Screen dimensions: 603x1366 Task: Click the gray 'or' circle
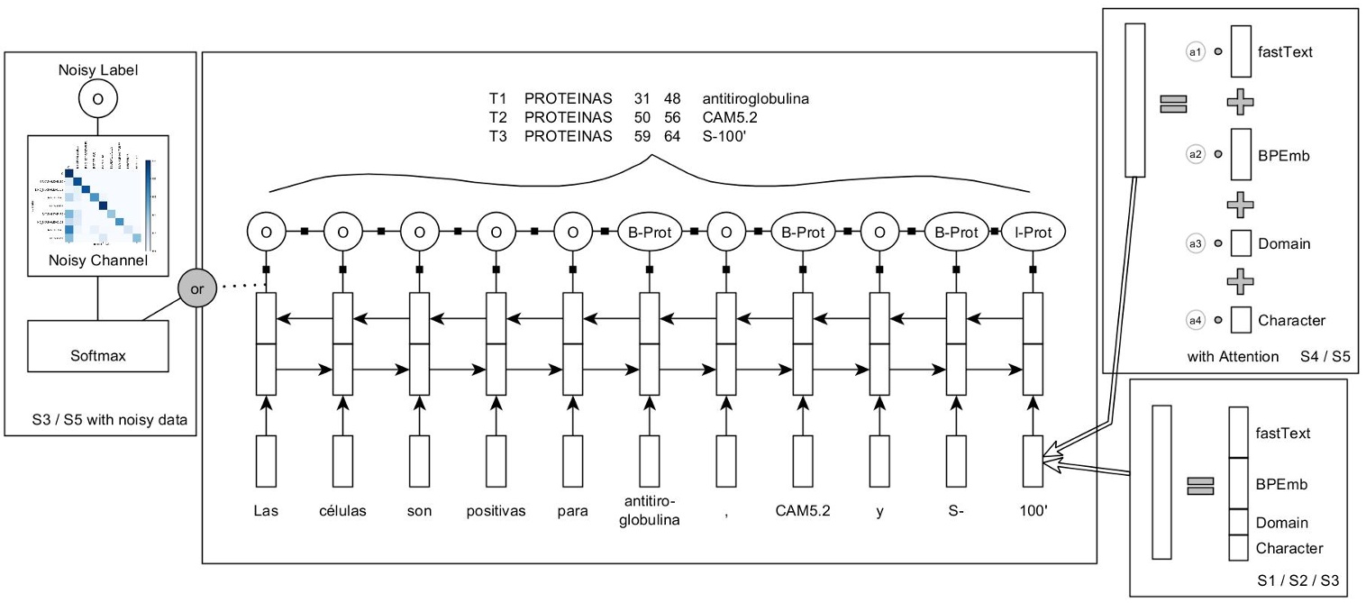[197, 290]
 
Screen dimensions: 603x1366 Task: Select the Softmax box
[99, 356]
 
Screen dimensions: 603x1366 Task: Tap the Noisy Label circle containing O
[98, 100]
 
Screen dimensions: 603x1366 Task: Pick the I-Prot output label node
[1033, 232]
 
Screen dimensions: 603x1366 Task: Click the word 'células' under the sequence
[342, 511]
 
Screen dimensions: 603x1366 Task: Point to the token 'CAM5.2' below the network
[802, 511]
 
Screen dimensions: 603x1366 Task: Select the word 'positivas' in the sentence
[496, 511]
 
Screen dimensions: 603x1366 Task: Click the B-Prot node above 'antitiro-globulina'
[650, 232]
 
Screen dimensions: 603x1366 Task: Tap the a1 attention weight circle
[1196, 52]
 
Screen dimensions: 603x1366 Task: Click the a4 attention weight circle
[1196, 320]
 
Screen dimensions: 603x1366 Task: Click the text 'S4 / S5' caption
[1325, 357]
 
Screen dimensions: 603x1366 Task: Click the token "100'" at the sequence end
[1033, 511]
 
